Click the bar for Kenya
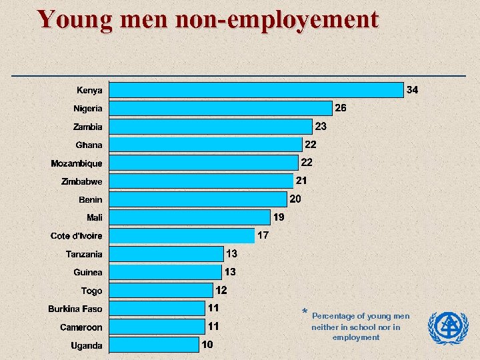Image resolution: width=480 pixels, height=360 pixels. (x=257, y=90)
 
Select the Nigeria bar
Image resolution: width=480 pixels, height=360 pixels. (x=221, y=108)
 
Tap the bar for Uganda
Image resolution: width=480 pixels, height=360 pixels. (x=154, y=345)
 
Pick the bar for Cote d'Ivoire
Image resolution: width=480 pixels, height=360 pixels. (x=181, y=235)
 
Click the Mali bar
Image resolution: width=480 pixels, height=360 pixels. (x=189, y=217)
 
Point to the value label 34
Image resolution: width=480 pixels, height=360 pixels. (x=413, y=90)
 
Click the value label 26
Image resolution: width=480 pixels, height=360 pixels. (x=340, y=108)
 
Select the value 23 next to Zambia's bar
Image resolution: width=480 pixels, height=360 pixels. (x=321, y=126)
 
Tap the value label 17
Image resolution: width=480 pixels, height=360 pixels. (x=263, y=235)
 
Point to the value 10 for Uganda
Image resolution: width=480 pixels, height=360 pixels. (x=207, y=345)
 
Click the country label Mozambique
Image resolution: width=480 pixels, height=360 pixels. (x=77, y=163)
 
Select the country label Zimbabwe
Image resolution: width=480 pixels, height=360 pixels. (x=81, y=181)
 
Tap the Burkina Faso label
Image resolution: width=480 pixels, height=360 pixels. (x=75, y=309)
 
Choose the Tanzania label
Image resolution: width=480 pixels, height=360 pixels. (x=84, y=254)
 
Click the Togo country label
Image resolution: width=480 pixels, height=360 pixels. (x=92, y=291)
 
